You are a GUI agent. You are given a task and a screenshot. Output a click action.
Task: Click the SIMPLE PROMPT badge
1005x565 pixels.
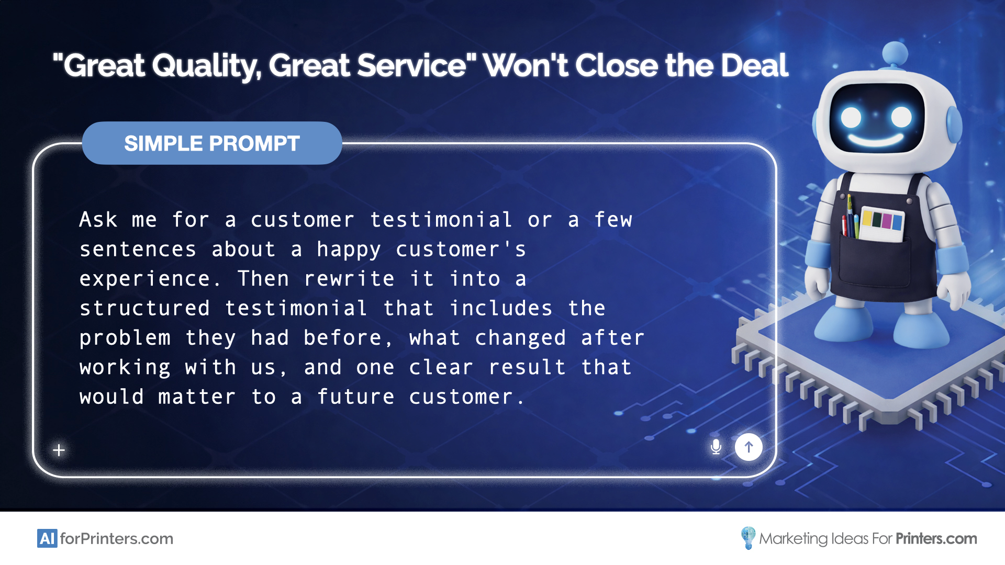tap(212, 143)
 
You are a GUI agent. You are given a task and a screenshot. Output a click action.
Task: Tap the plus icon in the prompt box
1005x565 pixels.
tap(59, 450)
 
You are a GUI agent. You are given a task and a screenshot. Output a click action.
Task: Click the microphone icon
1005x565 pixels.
tap(716, 447)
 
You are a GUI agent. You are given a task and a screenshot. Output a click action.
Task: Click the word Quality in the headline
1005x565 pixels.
tap(206, 66)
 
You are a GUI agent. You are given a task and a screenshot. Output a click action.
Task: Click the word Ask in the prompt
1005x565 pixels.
tap(98, 220)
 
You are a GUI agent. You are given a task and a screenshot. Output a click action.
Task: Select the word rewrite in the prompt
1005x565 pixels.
tap(349, 279)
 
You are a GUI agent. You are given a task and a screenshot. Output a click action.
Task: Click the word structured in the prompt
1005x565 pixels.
tap(145, 308)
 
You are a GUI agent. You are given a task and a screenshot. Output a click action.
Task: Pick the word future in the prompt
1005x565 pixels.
tap(355, 397)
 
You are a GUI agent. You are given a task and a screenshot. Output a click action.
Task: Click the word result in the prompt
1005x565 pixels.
tap(527, 367)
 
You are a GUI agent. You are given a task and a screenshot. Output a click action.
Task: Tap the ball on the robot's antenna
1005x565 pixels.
tap(895, 54)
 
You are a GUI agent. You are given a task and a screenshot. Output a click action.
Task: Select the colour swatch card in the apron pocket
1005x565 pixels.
tap(883, 224)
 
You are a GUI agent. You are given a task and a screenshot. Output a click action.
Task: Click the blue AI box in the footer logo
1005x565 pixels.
tap(47, 538)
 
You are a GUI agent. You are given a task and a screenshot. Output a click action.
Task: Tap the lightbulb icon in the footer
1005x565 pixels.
tap(748, 538)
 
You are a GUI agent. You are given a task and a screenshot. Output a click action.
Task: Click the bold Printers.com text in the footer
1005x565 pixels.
tap(936, 539)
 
